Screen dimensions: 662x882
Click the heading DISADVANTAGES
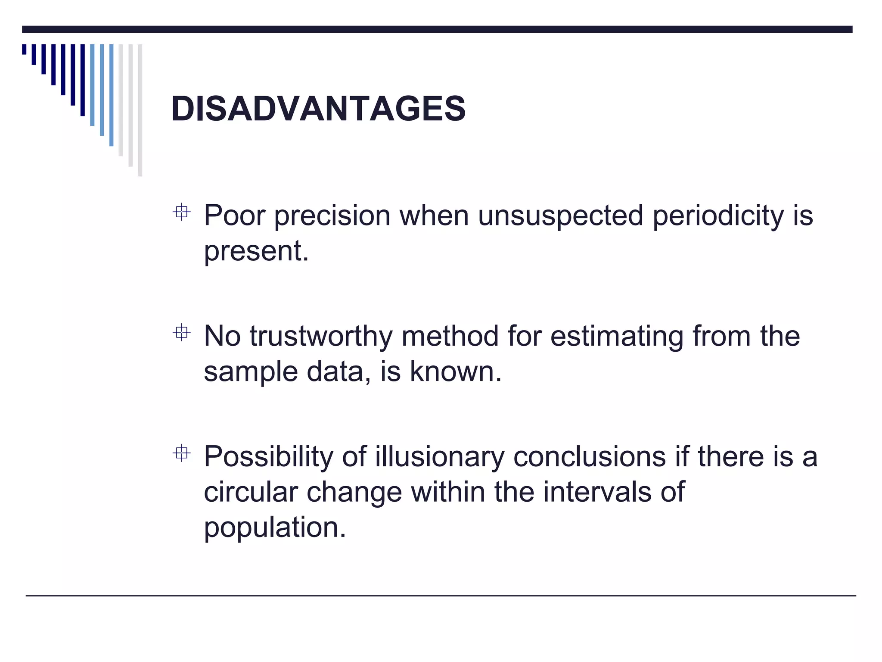point(318,109)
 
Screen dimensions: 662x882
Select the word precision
point(332,216)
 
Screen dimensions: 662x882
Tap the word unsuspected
point(560,216)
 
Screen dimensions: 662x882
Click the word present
point(256,251)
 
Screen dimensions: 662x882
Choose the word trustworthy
point(321,337)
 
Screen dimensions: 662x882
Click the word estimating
point(616,337)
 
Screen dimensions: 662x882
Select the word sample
point(250,372)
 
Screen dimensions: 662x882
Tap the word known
point(455,371)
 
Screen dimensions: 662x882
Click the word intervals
point(597,492)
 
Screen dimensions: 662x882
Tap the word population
point(274,528)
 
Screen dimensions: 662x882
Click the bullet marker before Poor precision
point(181,212)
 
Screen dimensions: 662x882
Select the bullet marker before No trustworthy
point(181,332)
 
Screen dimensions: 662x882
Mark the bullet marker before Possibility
point(181,453)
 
